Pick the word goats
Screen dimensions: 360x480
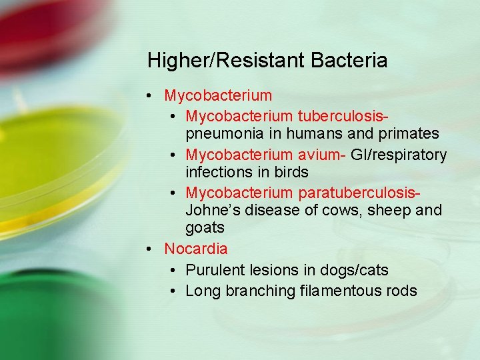(205, 227)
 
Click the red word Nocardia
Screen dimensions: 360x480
(196, 249)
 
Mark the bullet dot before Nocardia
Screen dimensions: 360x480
(151, 249)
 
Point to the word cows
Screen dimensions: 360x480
(339, 210)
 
